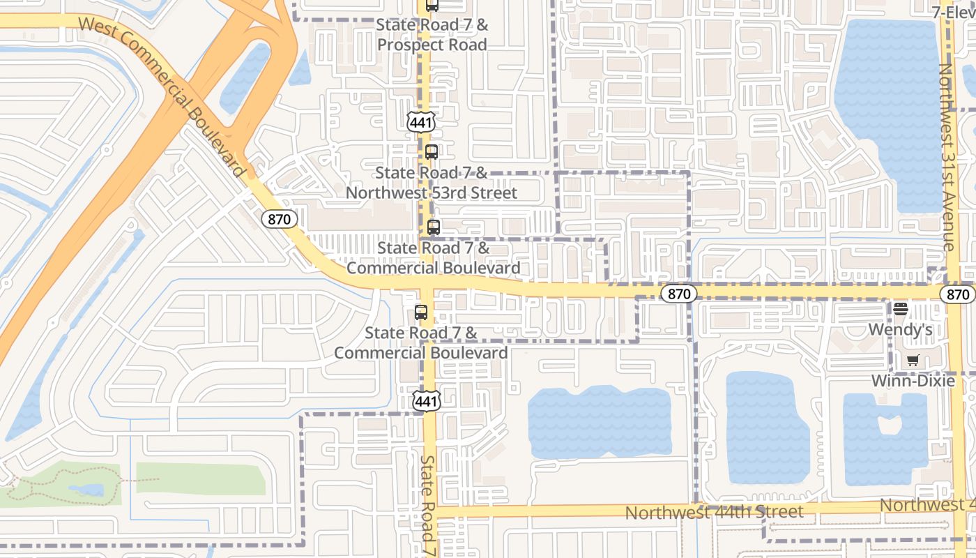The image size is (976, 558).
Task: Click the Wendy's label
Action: click(x=900, y=330)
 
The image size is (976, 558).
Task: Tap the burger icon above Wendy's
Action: click(x=900, y=309)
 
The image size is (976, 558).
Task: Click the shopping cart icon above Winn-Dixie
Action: click(x=913, y=360)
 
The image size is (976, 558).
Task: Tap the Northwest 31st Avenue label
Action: click(x=947, y=157)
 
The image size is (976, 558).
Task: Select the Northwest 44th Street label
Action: click(x=714, y=513)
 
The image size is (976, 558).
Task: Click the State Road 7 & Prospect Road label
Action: click(x=432, y=35)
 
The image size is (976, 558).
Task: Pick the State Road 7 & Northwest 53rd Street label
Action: click(x=432, y=183)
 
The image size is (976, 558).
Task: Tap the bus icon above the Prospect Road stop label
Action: click(x=432, y=6)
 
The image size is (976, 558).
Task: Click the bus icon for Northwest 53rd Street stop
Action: click(x=432, y=151)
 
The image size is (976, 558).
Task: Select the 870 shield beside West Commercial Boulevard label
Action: click(x=280, y=219)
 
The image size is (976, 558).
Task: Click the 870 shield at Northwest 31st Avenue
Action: click(x=958, y=294)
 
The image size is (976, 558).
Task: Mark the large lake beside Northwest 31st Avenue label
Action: click(x=889, y=115)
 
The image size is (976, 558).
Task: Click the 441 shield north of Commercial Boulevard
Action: click(x=422, y=122)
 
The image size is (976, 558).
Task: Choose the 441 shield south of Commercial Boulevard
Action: click(x=426, y=400)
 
